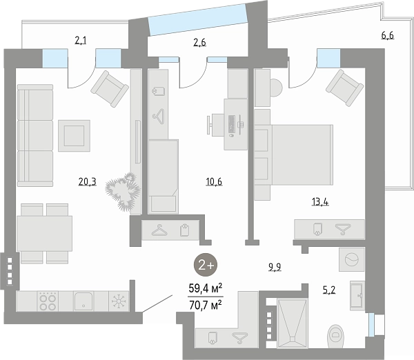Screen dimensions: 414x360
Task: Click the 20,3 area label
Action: [x=88, y=182]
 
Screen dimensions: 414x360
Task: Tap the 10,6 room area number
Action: [x=214, y=182]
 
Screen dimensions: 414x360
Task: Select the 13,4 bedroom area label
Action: [x=320, y=202]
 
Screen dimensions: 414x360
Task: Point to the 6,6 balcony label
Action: [x=388, y=35]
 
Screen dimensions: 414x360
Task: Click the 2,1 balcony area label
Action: [x=81, y=41]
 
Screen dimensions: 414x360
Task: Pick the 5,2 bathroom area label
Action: [x=329, y=290]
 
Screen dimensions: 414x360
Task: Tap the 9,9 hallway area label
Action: [x=275, y=267]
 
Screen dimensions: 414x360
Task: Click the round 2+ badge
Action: [x=206, y=265]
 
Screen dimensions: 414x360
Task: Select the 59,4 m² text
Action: [x=205, y=288]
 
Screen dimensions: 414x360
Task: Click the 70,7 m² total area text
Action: [x=205, y=306]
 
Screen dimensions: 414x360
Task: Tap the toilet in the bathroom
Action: [x=335, y=336]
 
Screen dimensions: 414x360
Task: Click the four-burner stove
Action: [x=48, y=301]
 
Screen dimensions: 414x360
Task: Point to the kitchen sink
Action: [x=83, y=301]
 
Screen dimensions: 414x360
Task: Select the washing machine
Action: [x=352, y=259]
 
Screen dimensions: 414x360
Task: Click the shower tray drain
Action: [x=293, y=339]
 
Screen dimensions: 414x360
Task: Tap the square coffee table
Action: [x=75, y=136]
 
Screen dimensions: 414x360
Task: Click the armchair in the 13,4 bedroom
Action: [x=344, y=88]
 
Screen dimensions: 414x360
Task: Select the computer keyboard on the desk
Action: [x=232, y=123]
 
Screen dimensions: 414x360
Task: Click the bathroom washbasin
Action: [x=357, y=296]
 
